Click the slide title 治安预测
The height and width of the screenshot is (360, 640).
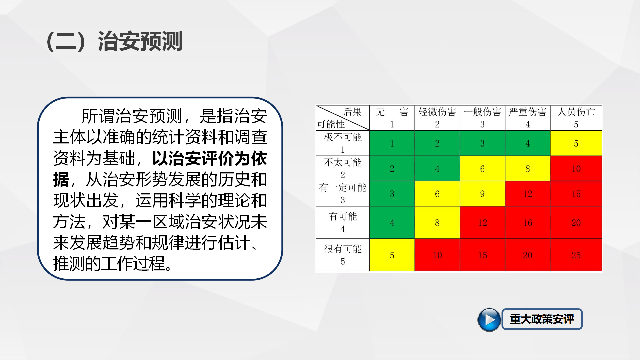pos(140,41)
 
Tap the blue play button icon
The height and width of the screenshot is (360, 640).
pos(489,320)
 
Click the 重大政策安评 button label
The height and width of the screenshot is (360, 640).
pos(542,319)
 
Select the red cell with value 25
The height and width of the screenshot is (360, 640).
pos(576,255)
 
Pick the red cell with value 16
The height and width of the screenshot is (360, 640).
pos(528,223)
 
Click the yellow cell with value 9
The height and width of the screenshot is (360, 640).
pos(482,194)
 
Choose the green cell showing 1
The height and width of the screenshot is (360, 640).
pos(392,143)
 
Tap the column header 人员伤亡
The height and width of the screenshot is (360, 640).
pos(576,112)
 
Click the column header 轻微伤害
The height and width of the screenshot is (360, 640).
pos(437,112)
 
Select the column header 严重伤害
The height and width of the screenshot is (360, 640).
pos(528,112)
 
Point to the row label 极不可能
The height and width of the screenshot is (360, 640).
pos(343,137)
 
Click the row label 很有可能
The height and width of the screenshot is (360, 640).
pos(343,249)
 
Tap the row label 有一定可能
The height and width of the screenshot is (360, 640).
pos(343,187)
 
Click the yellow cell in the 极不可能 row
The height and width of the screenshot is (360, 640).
pos(576,143)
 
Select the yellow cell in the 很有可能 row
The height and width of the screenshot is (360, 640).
pos(392,255)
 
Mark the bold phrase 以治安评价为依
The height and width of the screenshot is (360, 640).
pos(209,158)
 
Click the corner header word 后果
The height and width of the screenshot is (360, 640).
pos(352,112)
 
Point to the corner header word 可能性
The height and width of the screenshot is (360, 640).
pos(331,124)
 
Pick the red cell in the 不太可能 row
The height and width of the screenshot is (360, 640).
pos(576,169)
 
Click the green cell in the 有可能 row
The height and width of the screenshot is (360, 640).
pos(392,223)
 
